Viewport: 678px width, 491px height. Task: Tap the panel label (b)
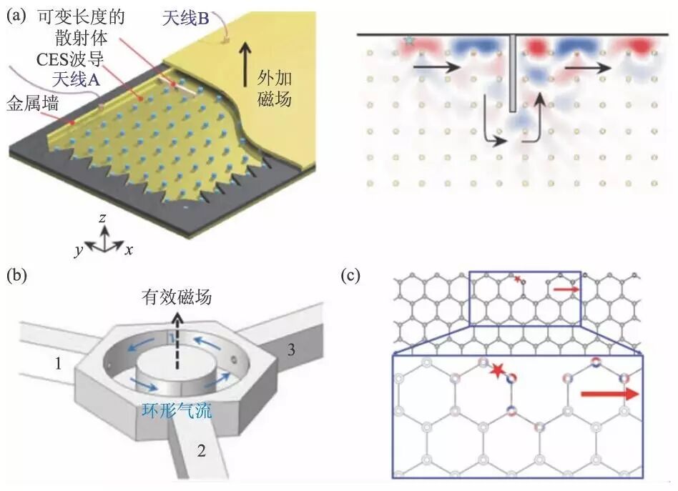pos(16,275)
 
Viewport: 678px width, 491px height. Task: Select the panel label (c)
pos(350,275)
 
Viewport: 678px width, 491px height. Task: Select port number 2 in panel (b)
pos(201,450)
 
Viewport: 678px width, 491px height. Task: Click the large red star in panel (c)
pos(496,370)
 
